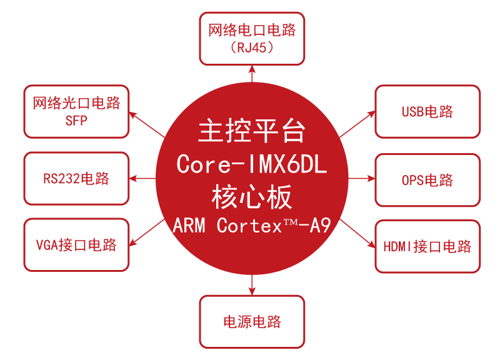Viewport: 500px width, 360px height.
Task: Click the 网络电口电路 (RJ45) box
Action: (252, 38)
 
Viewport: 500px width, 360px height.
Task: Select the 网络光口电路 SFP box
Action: (76, 111)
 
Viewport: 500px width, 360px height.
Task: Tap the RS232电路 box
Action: (76, 179)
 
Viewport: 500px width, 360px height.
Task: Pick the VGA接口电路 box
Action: (76, 245)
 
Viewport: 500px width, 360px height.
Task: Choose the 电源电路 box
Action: (252, 321)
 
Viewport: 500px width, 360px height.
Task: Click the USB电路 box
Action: (427, 112)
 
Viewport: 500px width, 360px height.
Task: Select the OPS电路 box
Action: (427, 180)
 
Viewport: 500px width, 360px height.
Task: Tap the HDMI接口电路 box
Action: (427, 246)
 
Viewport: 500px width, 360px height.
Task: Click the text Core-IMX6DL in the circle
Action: (252, 164)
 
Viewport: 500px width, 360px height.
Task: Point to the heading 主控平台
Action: (252, 131)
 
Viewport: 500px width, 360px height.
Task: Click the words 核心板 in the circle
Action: (252, 197)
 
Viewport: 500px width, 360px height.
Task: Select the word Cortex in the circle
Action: (249, 226)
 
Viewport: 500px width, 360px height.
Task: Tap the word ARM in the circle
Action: (189, 226)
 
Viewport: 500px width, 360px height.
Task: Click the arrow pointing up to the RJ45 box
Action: (252, 74)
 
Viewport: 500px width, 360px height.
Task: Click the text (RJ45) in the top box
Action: (252, 48)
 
